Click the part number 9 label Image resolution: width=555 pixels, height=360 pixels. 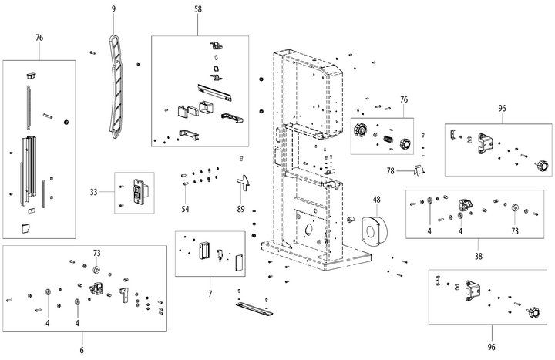pos(113,8)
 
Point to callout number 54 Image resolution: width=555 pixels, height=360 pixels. pos(185,210)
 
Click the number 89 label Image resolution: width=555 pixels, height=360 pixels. pos(240,210)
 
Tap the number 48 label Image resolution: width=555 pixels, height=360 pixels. pos(377,200)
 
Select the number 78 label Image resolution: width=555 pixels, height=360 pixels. pos(390,170)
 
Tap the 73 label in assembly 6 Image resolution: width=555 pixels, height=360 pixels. pos(97,253)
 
